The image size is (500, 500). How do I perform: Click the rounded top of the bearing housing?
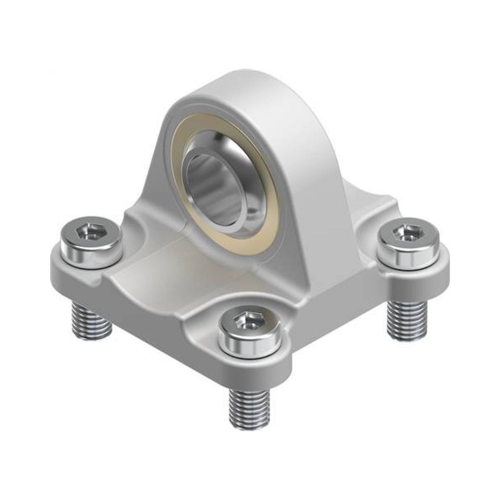pyautogui.click(x=248, y=85)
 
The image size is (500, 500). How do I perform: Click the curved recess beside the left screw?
pyautogui.click(x=140, y=228)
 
